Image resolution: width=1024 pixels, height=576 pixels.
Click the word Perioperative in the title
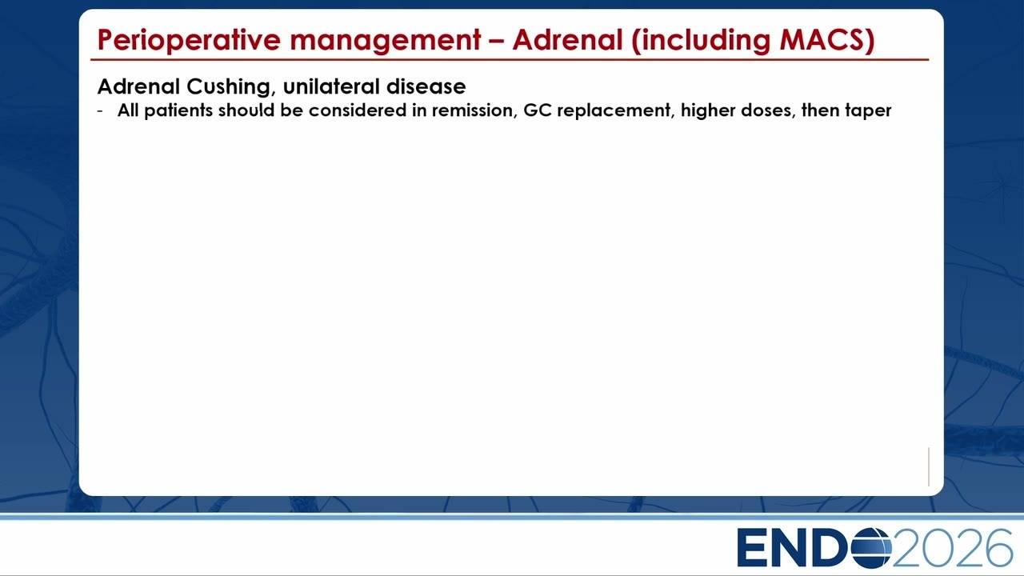pyautogui.click(x=189, y=40)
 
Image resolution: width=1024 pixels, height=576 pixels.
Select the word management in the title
pyautogui.click(x=386, y=41)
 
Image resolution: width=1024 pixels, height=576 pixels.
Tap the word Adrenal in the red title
pyautogui.click(x=567, y=39)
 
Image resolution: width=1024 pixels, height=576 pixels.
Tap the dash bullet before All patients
pyautogui.click(x=100, y=111)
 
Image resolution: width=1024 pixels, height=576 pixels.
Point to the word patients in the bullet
pyautogui.click(x=178, y=110)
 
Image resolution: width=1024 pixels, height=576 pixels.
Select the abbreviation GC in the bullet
pyautogui.click(x=538, y=110)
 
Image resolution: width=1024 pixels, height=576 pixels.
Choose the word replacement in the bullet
pyautogui.click(x=616, y=111)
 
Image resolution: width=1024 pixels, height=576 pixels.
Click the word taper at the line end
pyautogui.click(x=869, y=111)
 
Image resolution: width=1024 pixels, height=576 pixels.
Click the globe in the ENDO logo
pyautogui.click(x=872, y=548)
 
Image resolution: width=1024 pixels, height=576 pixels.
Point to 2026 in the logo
pyautogui.click(x=952, y=548)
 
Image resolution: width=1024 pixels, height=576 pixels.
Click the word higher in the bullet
pyautogui.click(x=708, y=111)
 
